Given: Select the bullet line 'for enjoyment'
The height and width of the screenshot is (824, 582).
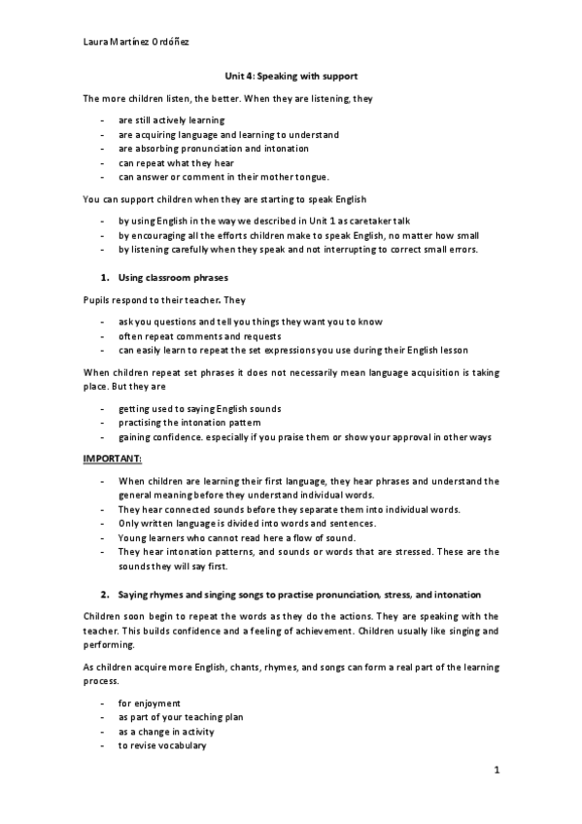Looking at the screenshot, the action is click(x=150, y=703).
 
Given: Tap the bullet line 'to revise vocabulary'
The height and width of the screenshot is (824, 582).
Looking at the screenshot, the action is click(x=162, y=745).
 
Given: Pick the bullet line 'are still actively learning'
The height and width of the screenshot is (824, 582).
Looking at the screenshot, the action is click(x=172, y=120).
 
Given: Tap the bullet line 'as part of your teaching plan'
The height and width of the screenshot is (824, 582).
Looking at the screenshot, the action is click(x=181, y=717).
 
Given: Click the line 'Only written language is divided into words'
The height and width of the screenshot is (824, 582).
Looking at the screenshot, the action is click(x=247, y=524).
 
